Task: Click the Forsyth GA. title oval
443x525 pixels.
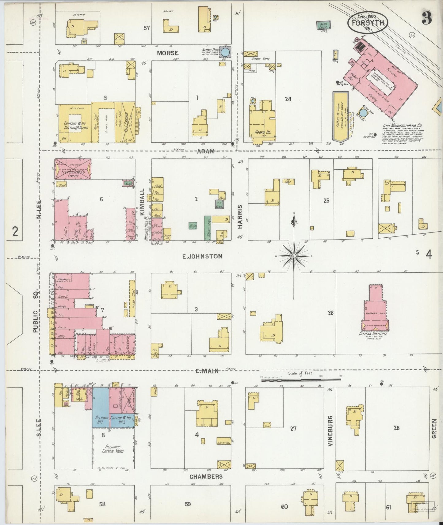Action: pyautogui.click(x=368, y=22)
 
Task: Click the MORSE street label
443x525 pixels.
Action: pyautogui.click(x=168, y=53)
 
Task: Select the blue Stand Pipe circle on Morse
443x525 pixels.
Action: pyautogui.click(x=225, y=52)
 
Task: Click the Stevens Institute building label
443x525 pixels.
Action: pyautogui.click(x=373, y=334)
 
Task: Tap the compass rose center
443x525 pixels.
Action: pyautogui.click(x=294, y=255)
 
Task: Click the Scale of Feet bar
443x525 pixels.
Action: pyautogui.click(x=301, y=380)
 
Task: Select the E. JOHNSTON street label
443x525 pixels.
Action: pyautogui.click(x=202, y=256)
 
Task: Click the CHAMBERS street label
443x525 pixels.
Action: pyautogui.click(x=206, y=477)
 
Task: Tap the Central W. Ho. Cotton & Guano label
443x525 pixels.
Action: pyautogui.click(x=76, y=126)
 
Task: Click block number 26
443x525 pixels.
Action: pyautogui.click(x=330, y=313)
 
